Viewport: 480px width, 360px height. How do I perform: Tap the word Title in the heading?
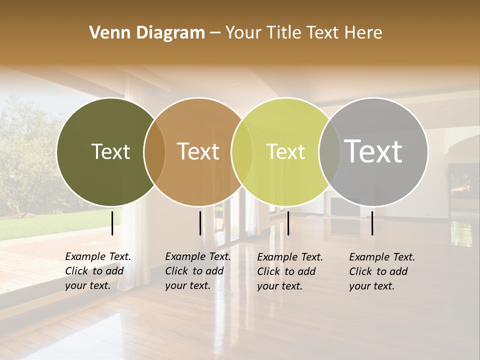point(283,32)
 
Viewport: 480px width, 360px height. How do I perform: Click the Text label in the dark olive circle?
point(110,151)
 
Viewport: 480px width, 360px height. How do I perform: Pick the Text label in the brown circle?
point(198,151)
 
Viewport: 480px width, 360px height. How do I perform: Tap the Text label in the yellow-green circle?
point(285,151)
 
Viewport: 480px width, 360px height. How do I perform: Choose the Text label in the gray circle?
point(373,151)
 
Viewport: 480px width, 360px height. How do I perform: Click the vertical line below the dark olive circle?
point(112,223)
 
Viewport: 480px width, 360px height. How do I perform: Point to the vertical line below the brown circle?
point(200,223)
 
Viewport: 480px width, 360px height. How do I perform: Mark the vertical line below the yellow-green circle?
point(288,223)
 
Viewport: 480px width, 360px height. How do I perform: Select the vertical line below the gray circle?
point(372,223)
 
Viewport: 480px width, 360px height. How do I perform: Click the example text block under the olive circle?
point(98,271)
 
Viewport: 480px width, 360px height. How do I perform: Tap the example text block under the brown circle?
point(198,271)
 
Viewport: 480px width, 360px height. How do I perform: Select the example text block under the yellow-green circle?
point(290,271)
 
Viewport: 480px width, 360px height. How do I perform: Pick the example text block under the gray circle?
point(382,271)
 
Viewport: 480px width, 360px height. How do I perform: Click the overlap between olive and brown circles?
point(154,151)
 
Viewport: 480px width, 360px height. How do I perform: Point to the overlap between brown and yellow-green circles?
point(242,151)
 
